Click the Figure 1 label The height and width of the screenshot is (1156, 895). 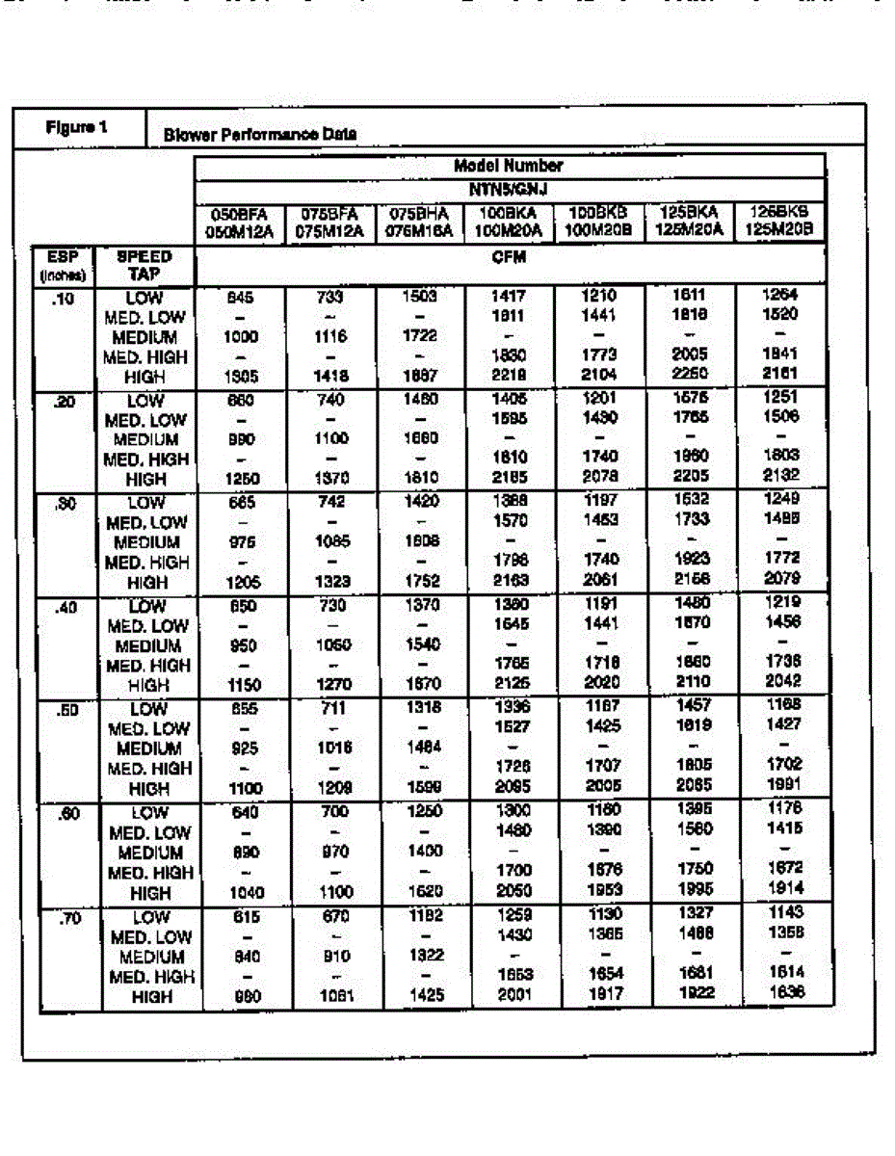72,127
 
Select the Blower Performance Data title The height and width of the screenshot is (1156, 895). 260,135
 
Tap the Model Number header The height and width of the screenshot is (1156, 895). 509,166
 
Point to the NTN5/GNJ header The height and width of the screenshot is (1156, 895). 509,189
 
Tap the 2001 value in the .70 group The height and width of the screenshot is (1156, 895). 513,994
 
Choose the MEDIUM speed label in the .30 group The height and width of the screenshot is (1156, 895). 145,542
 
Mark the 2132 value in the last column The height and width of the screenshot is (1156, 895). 779,474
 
